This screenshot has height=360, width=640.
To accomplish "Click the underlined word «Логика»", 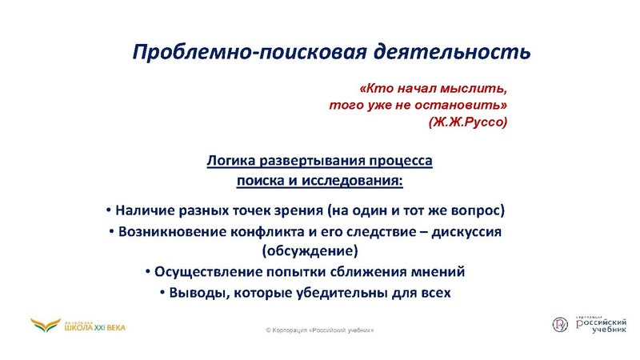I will pyautogui.click(x=230, y=160).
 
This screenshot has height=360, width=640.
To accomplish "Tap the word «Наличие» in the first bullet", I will pyautogui.click(x=143, y=211).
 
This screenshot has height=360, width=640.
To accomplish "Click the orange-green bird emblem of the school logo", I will pyautogui.click(x=45, y=324).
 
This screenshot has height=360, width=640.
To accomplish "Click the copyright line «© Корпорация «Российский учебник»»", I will pyautogui.click(x=319, y=330).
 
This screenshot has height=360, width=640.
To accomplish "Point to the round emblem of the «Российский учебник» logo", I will pyautogui.click(x=561, y=323).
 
